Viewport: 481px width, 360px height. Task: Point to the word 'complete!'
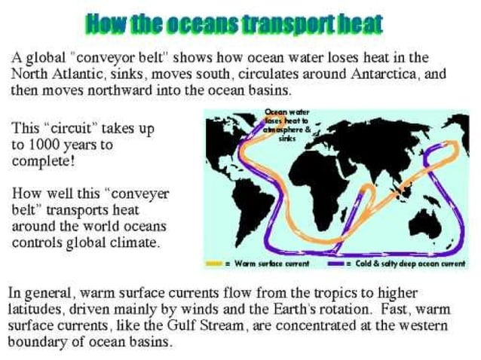tap(44, 160)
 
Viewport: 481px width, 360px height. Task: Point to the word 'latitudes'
tap(38, 308)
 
